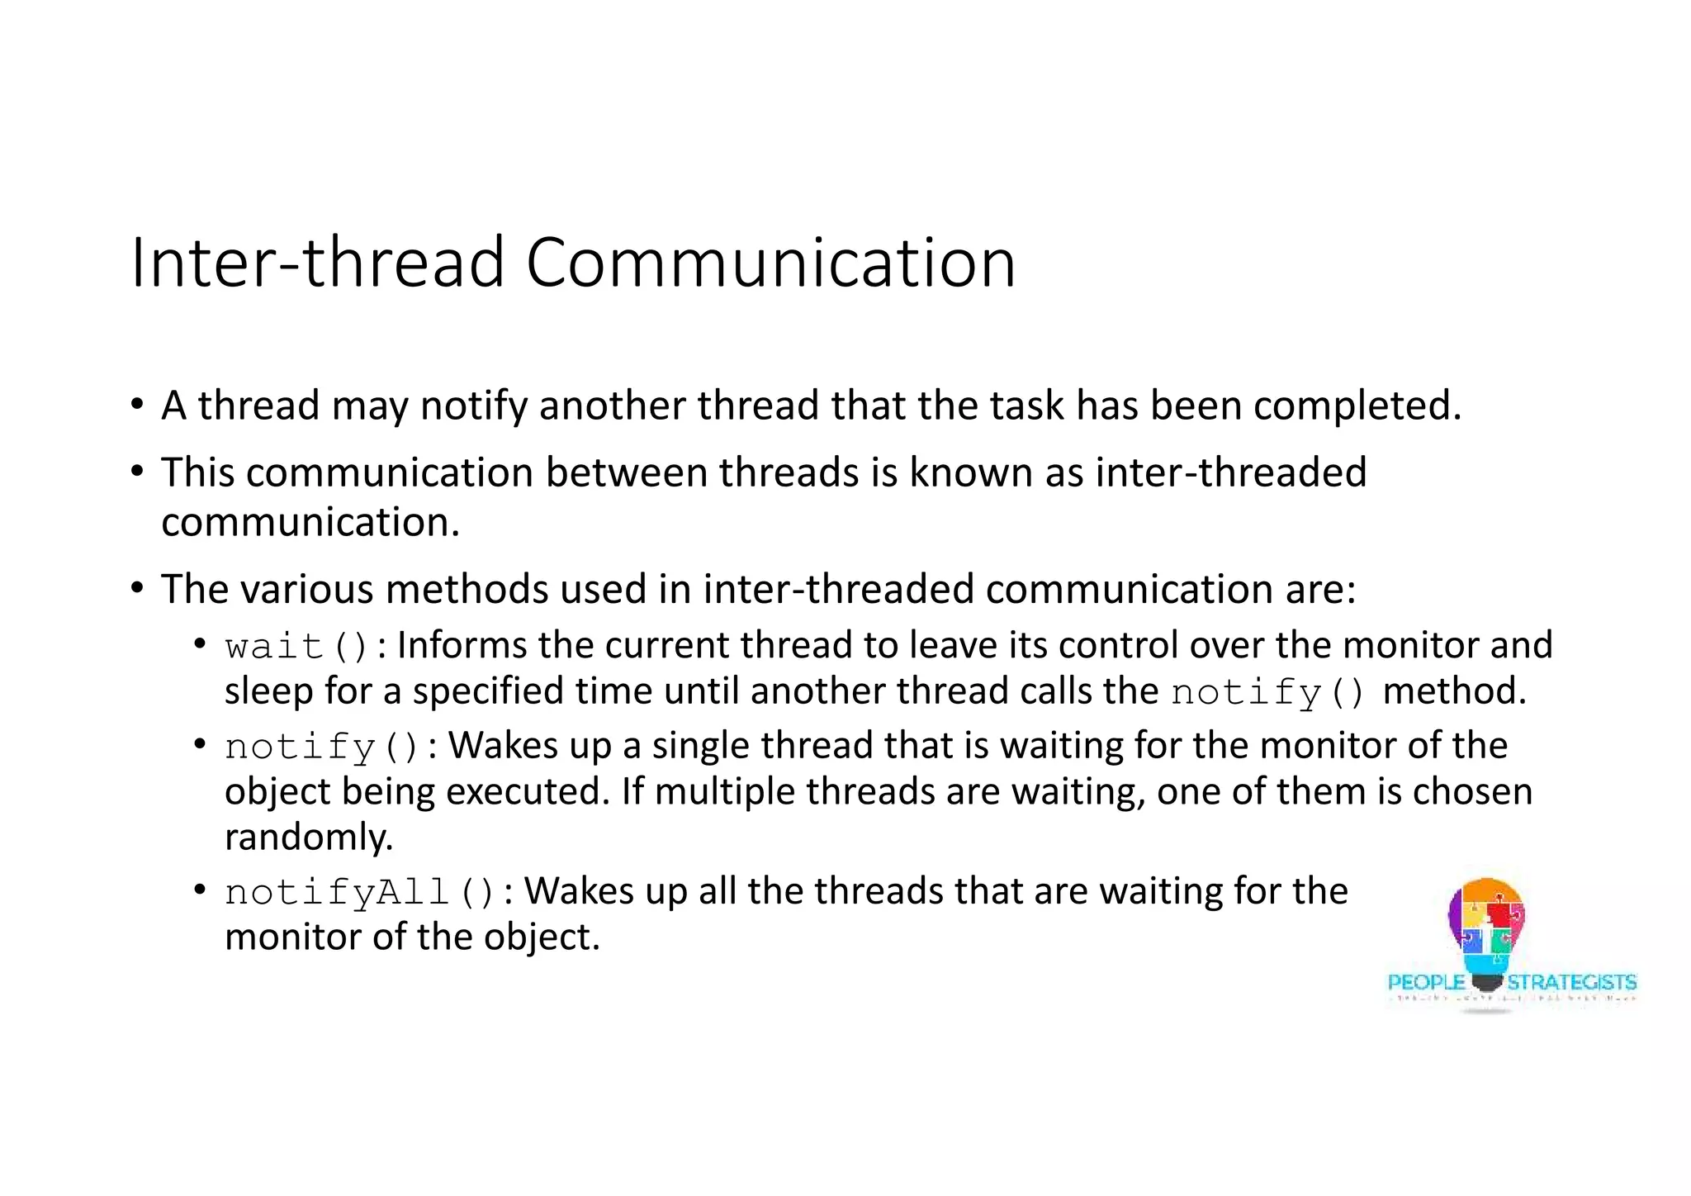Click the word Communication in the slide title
pyautogui.click(x=770, y=263)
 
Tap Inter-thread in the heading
pyautogui.click(x=316, y=263)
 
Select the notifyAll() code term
pyautogui.click(x=359, y=892)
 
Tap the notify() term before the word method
pyautogui.click(x=1267, y=692)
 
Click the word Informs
pyautogui.click(x=462, y=645)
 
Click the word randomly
pyautogui.click(x=308, y=838)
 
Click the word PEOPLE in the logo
pyautogui.click(x=1426, y=983)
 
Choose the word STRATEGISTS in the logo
pyautogui.click(x=1571, y=983)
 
